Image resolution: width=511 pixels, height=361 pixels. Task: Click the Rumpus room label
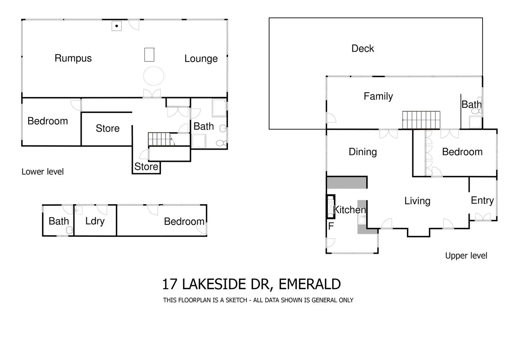[x=73, y=58]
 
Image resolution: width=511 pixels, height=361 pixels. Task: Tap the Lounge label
[x=201, y=59]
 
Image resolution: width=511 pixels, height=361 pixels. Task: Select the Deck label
[x=362, y=49]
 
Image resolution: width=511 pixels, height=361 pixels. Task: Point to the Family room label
[x=378, y=96]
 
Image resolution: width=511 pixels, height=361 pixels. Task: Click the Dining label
[x=362, y=152]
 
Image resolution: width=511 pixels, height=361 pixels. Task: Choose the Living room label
[x=417, y=201]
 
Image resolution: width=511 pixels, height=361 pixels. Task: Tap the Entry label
[x=482, y=200]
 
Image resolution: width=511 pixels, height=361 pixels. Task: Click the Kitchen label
[x=349, y=210]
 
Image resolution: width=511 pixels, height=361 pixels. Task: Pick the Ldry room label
[x=95, y=221]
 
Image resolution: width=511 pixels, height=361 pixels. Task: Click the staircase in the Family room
[x=421, y=120]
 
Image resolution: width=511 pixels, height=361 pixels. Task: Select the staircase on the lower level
[x=159, y=139]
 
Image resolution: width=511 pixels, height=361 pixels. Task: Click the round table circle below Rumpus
[x=154, y=76]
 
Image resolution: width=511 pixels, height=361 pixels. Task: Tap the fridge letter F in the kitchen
[x=331, y=226]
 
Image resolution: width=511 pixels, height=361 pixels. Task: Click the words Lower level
[x=43, y=172]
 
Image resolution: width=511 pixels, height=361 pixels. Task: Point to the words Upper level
[x=466, y=256]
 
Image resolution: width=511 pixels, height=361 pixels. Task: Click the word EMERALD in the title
[x=309, y=284]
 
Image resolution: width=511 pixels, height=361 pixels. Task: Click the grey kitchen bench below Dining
[x=346, y=182]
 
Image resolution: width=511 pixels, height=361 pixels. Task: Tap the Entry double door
[x=483, y=217]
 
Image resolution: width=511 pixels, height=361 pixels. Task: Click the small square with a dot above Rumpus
[x=117, y=26]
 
